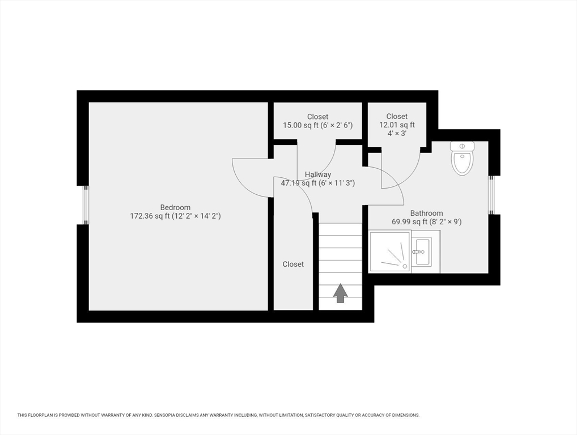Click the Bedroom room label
[175, 207]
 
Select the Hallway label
[318, 174]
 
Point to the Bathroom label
[426, 214]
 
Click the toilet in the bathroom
[462, 158]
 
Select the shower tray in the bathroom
[390, 252]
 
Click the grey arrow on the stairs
[341, 293]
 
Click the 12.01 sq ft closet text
[397, 125]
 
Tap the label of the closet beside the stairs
[293, 264]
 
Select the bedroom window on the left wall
[86, 205]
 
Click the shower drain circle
[405, 266]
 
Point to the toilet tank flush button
[462, 146]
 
